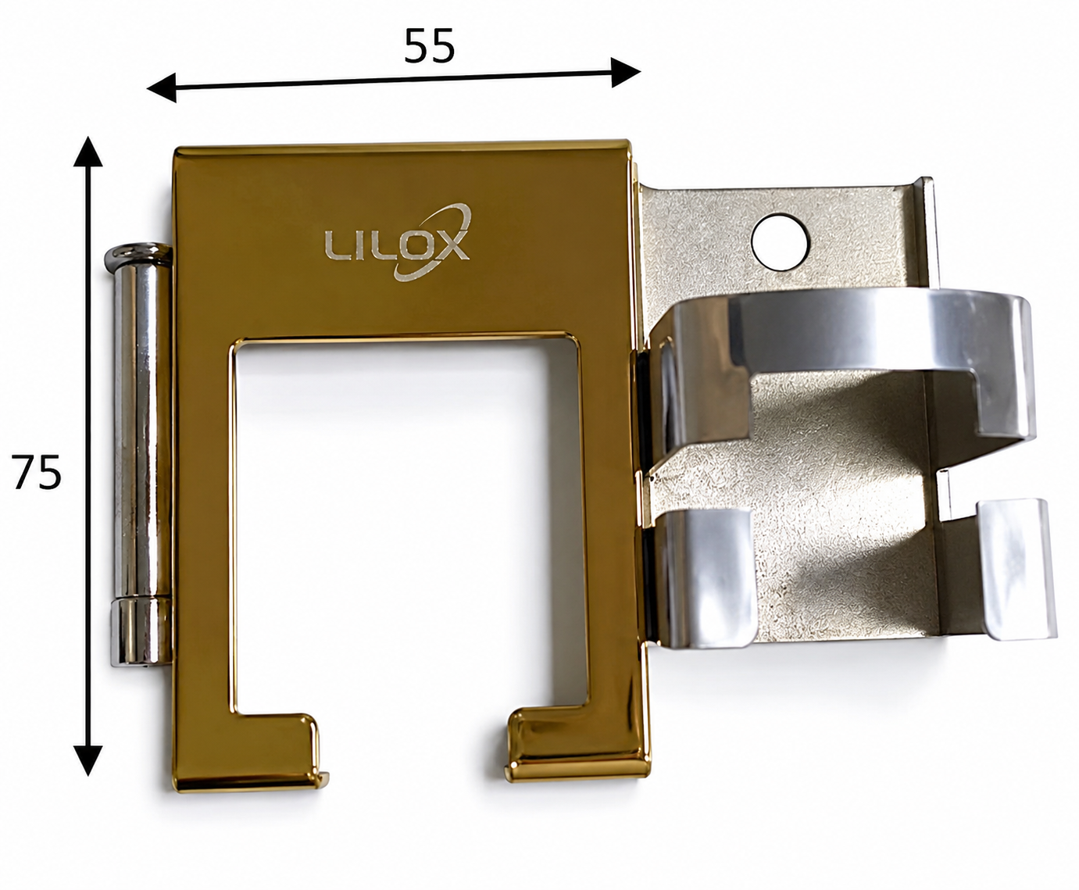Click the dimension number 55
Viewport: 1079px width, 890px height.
(429, 46)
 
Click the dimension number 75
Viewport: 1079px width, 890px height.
(36, 472)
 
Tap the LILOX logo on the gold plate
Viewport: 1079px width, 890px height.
(398, 244)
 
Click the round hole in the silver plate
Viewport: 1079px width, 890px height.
(781, 242)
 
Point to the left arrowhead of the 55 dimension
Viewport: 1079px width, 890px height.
(161, 88)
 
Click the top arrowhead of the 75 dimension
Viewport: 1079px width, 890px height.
(88, 152)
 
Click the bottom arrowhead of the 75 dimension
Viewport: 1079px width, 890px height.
(88, 760)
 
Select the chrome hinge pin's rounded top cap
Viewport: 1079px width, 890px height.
(138, 256)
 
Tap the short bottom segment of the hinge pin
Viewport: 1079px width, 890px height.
(141, 631)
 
